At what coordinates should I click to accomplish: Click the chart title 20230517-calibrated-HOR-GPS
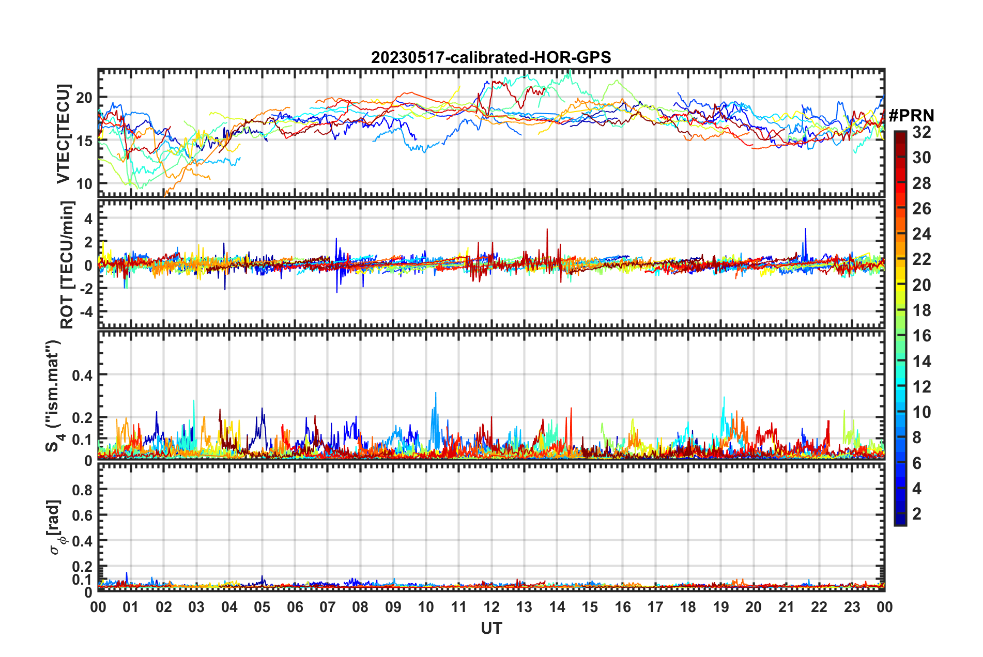pos(491,57)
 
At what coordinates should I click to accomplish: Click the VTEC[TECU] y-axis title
pos(63,134)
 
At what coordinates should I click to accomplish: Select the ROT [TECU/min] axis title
pos(67,265)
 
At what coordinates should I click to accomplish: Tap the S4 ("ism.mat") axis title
pos(53,396)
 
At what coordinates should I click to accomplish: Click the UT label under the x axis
pos(491,628)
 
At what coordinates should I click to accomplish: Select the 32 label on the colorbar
pos(921,133)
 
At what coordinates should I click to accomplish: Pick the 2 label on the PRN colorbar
pos(917,514)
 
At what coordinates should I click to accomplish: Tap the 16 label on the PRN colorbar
pos(921,336)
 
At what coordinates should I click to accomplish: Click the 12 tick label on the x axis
pos(491,607)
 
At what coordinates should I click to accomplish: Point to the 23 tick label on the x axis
pos(852,607)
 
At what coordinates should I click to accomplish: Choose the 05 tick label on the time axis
pos(262,607)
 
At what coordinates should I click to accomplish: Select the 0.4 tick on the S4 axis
pos(82,375)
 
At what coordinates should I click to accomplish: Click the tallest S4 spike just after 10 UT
pos(436,394)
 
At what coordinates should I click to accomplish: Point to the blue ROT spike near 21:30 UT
pos(805,229)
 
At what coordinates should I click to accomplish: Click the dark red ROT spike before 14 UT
pos(547,230)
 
